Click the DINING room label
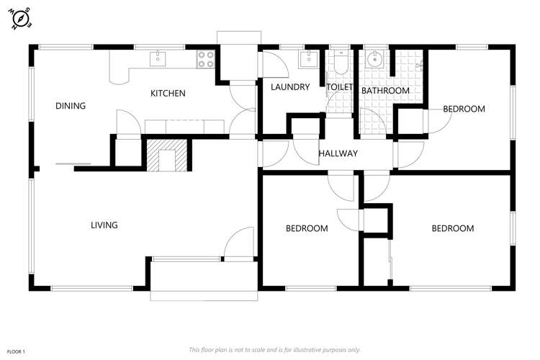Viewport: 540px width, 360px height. point(71,106)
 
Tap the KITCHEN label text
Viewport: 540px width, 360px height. point(168,93)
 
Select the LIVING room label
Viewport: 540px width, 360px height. point(104,225)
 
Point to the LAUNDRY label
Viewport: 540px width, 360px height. point(290,87)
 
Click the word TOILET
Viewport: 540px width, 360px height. point(340,87)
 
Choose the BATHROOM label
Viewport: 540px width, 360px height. point(385,91)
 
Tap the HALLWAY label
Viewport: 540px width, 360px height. point(338,153)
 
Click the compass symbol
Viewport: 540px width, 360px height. point(20,19)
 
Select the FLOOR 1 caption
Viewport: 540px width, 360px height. point(17,351)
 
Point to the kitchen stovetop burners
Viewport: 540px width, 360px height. point(205,58)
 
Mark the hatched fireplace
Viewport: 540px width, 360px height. point(167,154)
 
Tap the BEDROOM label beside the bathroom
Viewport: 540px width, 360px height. point(464,109)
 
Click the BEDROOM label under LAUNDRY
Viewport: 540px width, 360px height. point(307,229)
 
